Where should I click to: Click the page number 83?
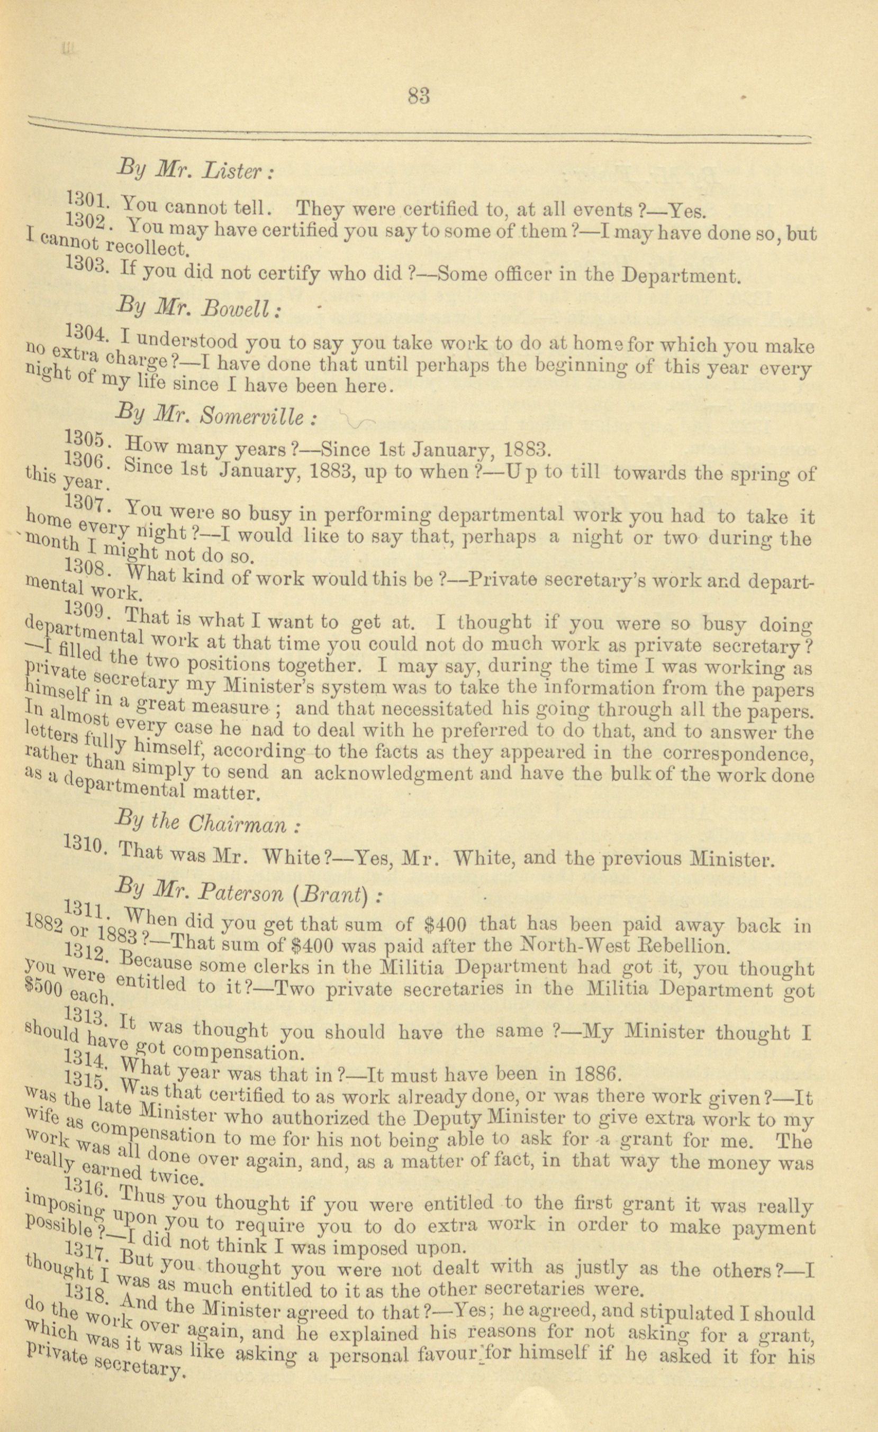click(419, 95)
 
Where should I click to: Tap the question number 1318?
click(85, 1275)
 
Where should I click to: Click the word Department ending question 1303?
click(680, 276)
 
